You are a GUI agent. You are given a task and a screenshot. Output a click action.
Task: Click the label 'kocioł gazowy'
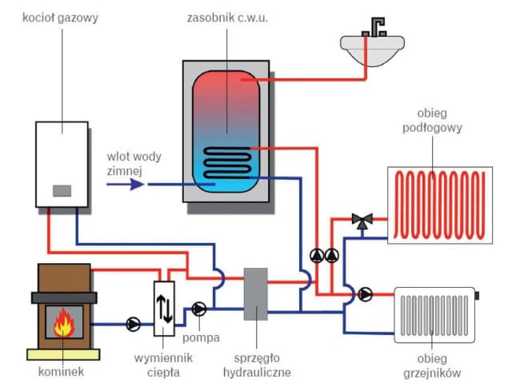[x=61, y=17]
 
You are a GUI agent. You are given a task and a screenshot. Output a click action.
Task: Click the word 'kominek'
[x=65, y=371]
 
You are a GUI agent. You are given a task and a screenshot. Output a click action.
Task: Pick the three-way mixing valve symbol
[x=363, y=220]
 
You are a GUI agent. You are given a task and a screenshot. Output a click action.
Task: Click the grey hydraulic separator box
[x=255, y=294]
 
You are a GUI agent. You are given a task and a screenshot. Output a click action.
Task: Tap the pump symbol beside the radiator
[x=366, y=294]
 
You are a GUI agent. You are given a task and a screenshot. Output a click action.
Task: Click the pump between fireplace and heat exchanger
[x=132, y=325]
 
